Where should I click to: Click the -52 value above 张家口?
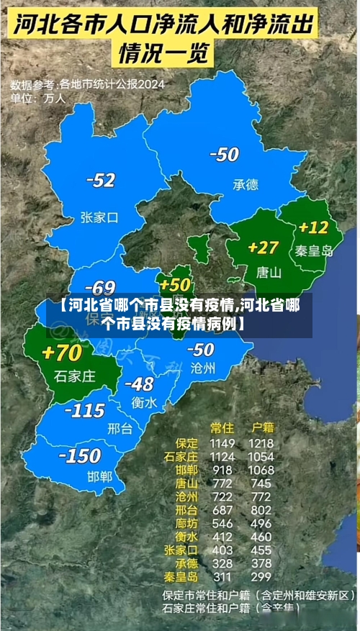[x=101, y=181]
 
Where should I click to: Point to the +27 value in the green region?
[x=263, y=248]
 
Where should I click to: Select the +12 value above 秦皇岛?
[x=313, y=228]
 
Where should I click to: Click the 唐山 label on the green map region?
[x=269, y=273]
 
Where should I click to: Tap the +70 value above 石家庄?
[x=62, y=353]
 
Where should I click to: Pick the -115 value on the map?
[x=85, y=411]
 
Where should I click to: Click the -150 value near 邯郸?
[x=79, y=455]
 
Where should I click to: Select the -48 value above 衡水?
[x=138, y=384]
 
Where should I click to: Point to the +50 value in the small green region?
[x=175, y=285]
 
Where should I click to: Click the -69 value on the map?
[x=100, y=289]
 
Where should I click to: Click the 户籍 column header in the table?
[x=259, y=427]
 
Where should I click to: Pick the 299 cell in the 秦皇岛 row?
[x=261, y=576]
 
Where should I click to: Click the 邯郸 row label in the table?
[x=184, y=470]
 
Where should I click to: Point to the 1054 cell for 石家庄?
[x=261, y=457]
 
